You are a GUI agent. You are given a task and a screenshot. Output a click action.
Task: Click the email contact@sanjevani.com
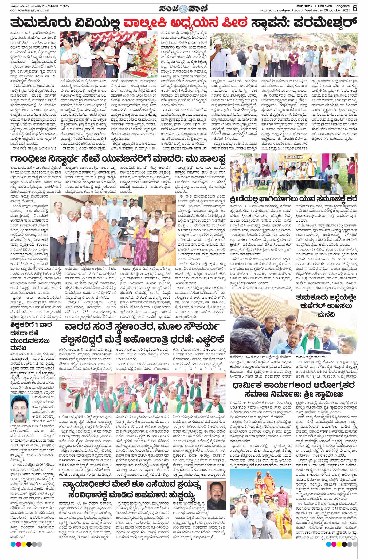[x=30, y=10]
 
